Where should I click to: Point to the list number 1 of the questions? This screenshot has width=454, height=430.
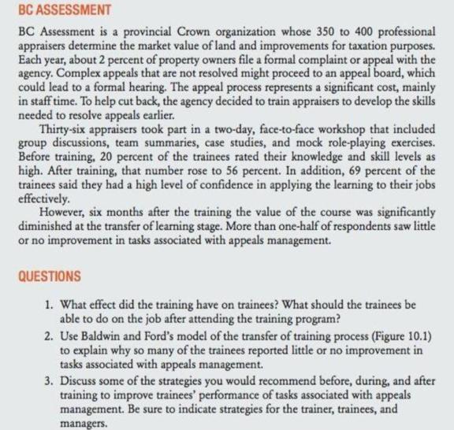pos(50,302)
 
